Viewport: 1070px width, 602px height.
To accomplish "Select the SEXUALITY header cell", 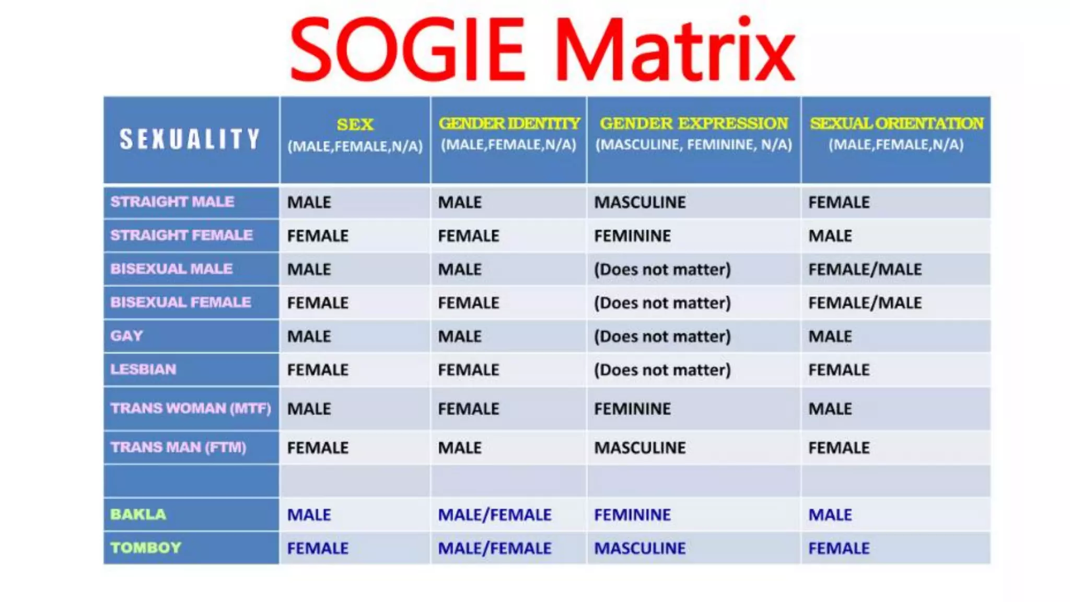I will click(191, 139).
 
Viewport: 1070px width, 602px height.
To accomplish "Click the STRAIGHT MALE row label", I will click(172, 202).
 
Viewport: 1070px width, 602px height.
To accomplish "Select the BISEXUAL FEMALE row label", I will click(180, 302).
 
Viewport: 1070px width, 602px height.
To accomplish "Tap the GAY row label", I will click(126, 335).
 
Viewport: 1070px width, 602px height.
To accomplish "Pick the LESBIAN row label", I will click(143, 369).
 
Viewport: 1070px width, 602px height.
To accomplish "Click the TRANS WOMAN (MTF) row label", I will click(191, 408).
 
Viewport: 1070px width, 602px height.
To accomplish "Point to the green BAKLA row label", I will click(138, 514).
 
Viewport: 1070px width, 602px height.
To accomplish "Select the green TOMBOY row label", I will click(146, 548).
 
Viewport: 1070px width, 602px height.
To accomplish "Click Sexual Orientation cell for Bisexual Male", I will click(865, 269).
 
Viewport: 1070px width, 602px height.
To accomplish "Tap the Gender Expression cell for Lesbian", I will click(662, 370).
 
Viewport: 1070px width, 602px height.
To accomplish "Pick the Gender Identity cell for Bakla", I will click(494, 515).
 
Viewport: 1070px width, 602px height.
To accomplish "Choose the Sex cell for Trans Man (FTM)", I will click(318, 448).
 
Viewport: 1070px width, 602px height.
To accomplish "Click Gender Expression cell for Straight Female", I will click(632, 236).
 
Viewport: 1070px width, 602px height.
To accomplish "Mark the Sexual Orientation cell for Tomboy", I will click(839, 548).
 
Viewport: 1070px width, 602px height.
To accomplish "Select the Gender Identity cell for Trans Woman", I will click(468, 409).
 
